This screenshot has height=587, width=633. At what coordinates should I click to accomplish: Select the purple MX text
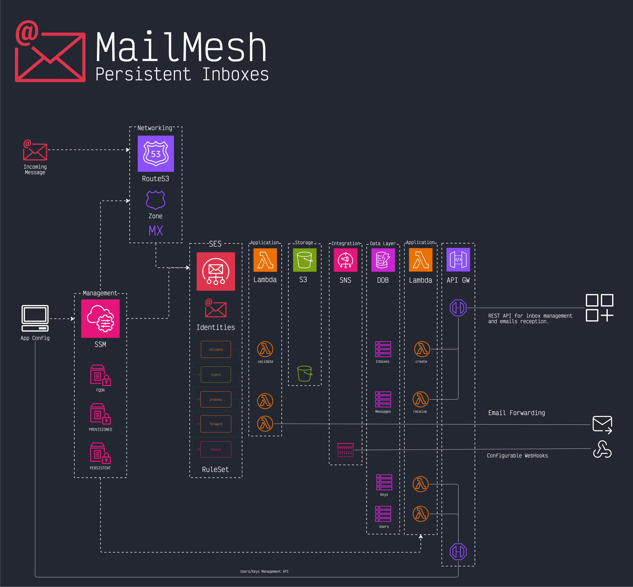coord(156,231)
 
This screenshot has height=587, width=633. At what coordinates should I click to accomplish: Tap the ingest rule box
coord(216,375)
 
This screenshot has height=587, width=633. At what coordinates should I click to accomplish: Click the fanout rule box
coord(216,449)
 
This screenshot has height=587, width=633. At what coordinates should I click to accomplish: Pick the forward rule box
coord(216,424)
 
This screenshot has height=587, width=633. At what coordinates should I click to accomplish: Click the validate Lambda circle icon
coord(265,349)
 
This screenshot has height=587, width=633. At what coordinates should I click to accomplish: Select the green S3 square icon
coord(304,260)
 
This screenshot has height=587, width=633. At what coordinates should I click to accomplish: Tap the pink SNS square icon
coord(345,260)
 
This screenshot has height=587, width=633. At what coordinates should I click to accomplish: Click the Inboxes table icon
coord(383,349)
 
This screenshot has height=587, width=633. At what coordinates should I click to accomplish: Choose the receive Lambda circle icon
coord(420,399)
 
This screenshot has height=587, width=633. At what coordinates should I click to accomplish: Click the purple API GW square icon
coord(458,260)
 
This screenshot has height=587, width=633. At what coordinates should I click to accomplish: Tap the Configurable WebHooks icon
coord(602,449)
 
